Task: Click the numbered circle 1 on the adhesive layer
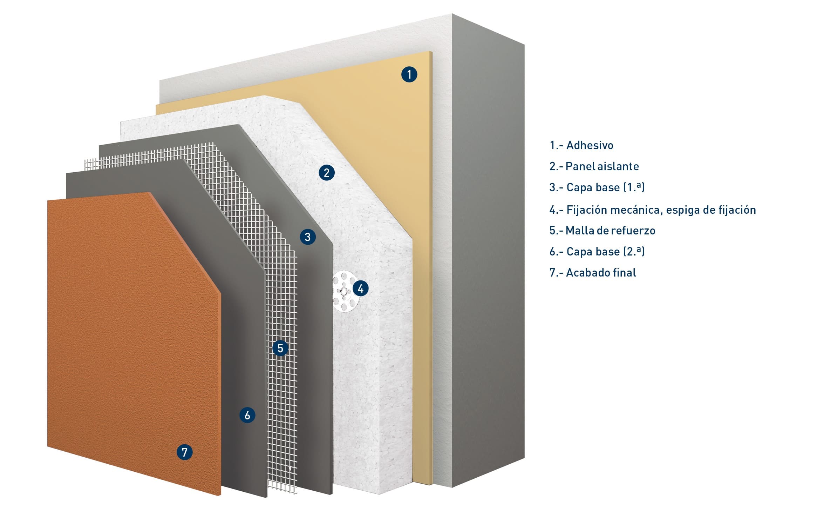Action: [x=409, y=74]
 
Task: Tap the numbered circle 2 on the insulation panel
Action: [x=327, y=173]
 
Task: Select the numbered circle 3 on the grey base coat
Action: [x=308, y=237]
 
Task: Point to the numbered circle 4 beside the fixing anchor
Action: [x=361, y=288]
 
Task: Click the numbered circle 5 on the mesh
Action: [x=280, y=348]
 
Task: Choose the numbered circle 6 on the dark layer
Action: [x=247, y=415]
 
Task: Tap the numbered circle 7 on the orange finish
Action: [x=185, y=452]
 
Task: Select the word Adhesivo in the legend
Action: [x=590, y=145]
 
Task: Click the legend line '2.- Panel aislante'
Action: [x=594, y=166]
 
